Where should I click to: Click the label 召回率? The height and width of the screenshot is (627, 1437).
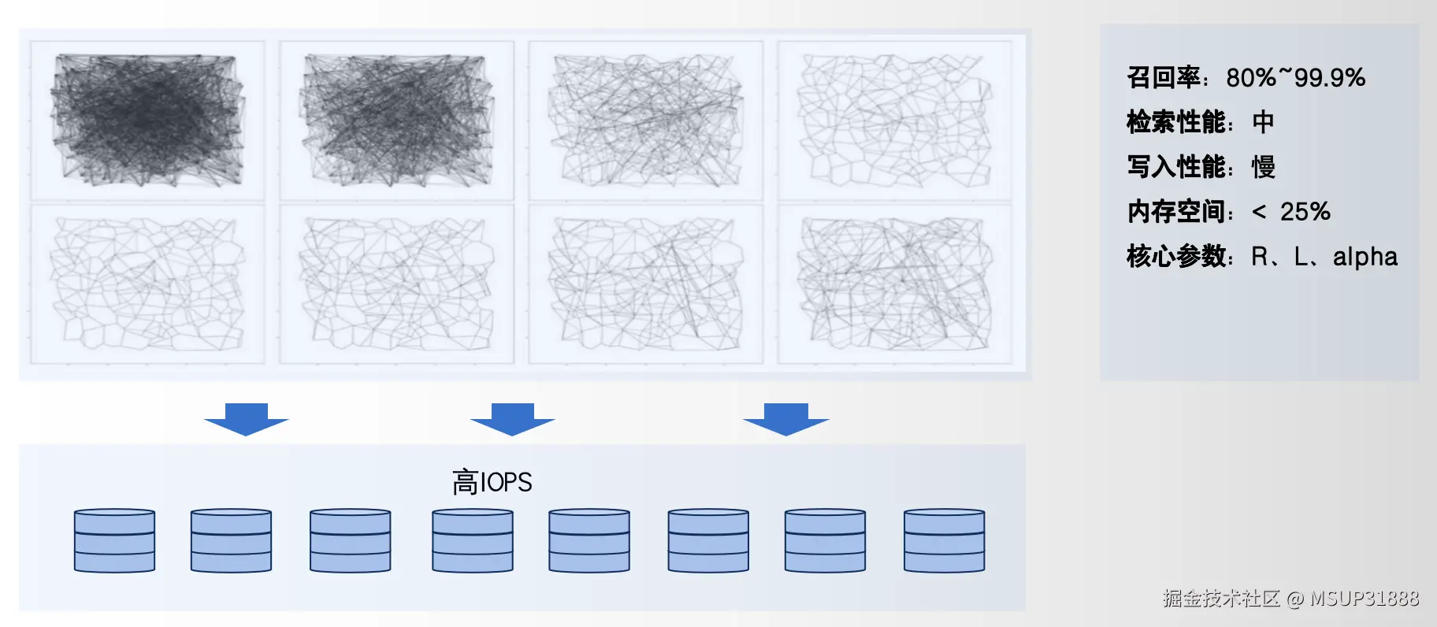(1164, 77)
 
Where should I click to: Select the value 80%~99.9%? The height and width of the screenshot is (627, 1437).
(1295, 77)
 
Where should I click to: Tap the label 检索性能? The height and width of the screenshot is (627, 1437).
(1176, 122)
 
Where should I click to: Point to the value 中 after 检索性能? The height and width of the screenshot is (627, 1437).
(1263, 122)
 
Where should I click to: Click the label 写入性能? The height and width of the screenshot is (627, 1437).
(1176, 167)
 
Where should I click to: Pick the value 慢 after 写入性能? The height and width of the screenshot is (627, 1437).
(1263, 167)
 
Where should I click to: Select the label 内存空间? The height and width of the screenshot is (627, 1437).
(1176, 211)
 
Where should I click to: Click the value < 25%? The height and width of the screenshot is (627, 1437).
(1290, 211)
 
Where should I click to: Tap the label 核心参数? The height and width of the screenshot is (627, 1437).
(1176, 256)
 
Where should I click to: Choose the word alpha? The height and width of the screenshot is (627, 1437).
(1365, 257)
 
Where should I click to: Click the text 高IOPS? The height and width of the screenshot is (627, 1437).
(492, 482)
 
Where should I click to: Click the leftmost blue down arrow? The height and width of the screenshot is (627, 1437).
(247, 419)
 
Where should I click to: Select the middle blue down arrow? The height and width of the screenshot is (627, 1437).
(513, 419)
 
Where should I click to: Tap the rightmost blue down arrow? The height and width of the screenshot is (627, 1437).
(786, 419)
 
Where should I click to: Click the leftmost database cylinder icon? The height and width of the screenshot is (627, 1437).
(114, 540)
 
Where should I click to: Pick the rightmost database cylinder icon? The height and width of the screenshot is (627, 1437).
(944, 540)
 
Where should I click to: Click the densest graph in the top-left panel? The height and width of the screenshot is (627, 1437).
(147, 120)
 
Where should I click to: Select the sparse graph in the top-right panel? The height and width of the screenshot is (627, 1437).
(894, 120)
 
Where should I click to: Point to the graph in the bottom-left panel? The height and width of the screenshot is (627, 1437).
(147, 284)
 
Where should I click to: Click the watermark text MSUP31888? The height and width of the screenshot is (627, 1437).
(1364, 599)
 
